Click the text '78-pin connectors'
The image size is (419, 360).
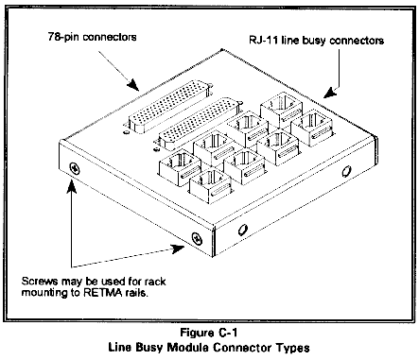(x=92, y=37)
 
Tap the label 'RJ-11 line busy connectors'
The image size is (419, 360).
(x=316, y=41)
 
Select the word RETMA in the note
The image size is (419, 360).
(x=103, y=293)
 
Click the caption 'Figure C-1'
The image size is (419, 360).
(x=209, y=333)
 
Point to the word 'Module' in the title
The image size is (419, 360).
(x=187, y=348)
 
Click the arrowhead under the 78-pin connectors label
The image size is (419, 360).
(x=133, y=84)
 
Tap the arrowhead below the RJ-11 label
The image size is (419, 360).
(x=330, y=93)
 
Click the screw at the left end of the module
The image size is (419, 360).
(x=75, y=168)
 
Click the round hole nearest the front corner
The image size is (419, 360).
(x=242, y=230)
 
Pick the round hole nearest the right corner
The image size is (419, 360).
(x=346, y=172)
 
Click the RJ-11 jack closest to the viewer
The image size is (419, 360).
(x=210, y=186)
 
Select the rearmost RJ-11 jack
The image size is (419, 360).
(x=281, y=109)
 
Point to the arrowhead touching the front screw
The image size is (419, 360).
(x=178, y=249)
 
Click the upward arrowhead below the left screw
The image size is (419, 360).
(x=72, y=186)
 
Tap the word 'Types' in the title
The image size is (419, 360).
(x=293, y=348)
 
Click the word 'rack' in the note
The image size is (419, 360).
(x=154, y=281)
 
